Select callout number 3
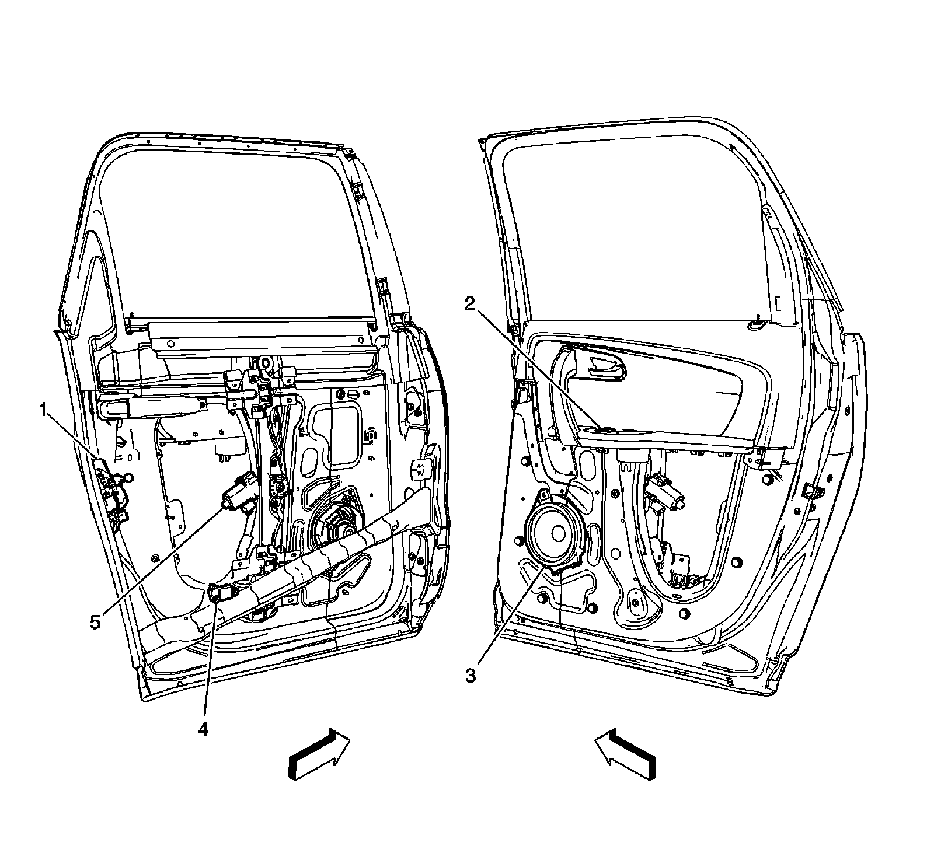[471, 676]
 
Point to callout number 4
[202, 729]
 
